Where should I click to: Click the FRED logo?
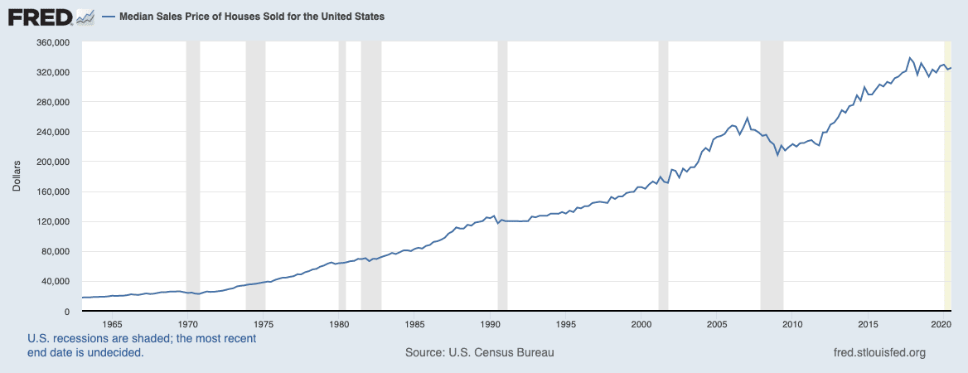click(50, 16)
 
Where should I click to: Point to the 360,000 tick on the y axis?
click(53, 42)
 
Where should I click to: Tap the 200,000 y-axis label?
click(53, 162)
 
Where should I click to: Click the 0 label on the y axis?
click(68, 311)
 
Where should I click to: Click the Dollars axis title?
click(17, 177)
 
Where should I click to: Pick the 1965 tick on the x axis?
click(113, 323)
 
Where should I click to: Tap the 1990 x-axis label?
click(491, 323)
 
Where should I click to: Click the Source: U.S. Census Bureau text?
click(479, 352)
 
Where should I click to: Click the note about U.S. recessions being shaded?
click(142, 345)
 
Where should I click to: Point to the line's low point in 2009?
click(777, 155)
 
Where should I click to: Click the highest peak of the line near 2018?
click(910, 58)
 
